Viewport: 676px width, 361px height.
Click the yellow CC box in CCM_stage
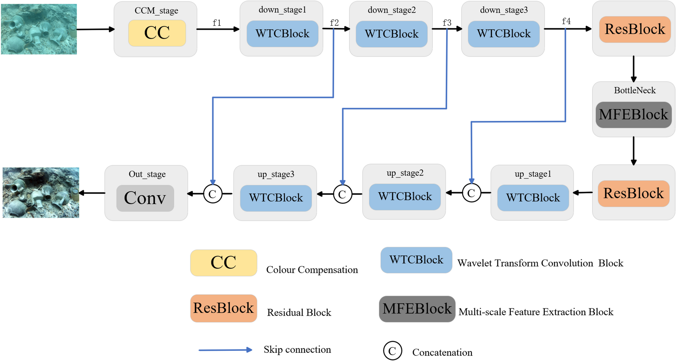coord(157,33)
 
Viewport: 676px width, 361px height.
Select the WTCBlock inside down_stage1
coord(282,34)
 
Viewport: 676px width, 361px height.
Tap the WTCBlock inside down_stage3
coord(503,34)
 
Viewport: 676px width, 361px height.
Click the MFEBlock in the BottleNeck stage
coord(633,114)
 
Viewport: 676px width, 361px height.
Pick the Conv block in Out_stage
coord(145,198)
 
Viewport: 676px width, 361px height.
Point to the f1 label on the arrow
coord(217,23)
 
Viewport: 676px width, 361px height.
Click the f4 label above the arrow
coord(566,21)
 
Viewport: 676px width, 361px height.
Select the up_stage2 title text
coord(405,173)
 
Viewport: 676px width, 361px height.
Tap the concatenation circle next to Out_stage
coord(213,194)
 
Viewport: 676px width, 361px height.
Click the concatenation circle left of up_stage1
coord(471,193)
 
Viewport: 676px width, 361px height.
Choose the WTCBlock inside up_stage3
coord(276,198)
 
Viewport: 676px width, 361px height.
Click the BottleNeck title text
coord(635,90)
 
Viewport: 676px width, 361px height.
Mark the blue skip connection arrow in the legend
coord(225,350)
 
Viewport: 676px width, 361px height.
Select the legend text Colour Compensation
coord(312,270)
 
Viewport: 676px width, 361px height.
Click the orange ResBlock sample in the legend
coord(223,308)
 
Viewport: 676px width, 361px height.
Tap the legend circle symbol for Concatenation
coord(392,351)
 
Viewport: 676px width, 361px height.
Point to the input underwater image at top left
coord(39,29)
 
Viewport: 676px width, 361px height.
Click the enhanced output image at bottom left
coord(41,193)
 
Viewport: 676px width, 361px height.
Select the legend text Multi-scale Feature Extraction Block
coord(536,312)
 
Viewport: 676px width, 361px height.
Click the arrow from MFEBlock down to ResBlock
coord(634,151)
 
